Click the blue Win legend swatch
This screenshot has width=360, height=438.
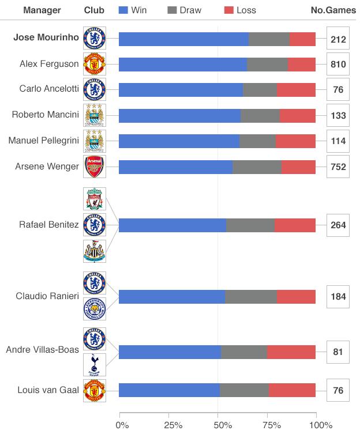[123, 10]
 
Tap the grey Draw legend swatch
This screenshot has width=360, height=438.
[172, 10]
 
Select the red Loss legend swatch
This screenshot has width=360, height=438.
[229, 10]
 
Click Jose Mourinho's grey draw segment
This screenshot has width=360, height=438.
[269, 39]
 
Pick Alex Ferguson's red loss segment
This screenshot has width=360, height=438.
[302, 65]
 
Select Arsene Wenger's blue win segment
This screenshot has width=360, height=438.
[175, 167]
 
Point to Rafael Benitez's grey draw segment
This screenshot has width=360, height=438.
[250, 225]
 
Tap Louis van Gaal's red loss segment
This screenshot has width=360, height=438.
[292, 390]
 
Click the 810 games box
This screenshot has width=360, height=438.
[338, 64]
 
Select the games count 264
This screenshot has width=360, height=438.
[338, 225]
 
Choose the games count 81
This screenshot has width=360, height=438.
[338, 352]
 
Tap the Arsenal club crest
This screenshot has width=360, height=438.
[95, 167]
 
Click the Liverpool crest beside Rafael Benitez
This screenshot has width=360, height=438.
[95, 199]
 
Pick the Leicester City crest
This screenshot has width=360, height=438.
[95, 309]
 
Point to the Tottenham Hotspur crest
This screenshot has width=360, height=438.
[95, 365]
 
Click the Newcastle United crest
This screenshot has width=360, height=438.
[95, 251]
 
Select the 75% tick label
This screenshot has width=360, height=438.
[272, 425]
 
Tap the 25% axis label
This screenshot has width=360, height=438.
[173, 425]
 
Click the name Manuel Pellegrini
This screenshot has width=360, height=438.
[44, 141]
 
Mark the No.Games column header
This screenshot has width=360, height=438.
[333, 10]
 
